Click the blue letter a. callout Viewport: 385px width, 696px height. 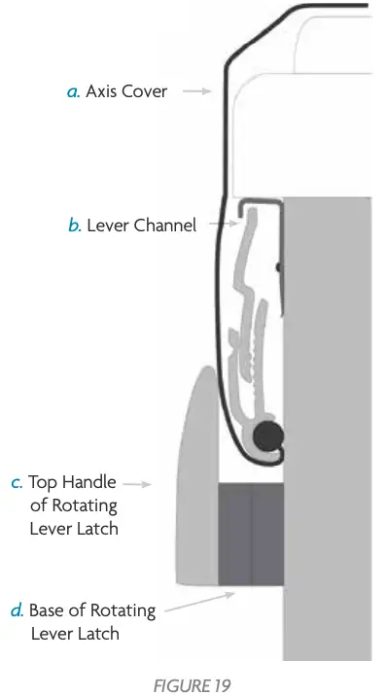coord(73,92)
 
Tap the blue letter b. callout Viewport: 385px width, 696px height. coord(74,226)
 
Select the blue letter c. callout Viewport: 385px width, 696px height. coord(17,482)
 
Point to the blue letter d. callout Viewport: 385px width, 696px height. coord(17,611)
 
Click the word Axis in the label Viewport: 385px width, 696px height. coord(101,92)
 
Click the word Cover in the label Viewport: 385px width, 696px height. coord(145,92)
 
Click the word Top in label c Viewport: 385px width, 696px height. coord(43,482)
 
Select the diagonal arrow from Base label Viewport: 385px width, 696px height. coord(193,602)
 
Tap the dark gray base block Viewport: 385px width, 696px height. coord(251,535)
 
